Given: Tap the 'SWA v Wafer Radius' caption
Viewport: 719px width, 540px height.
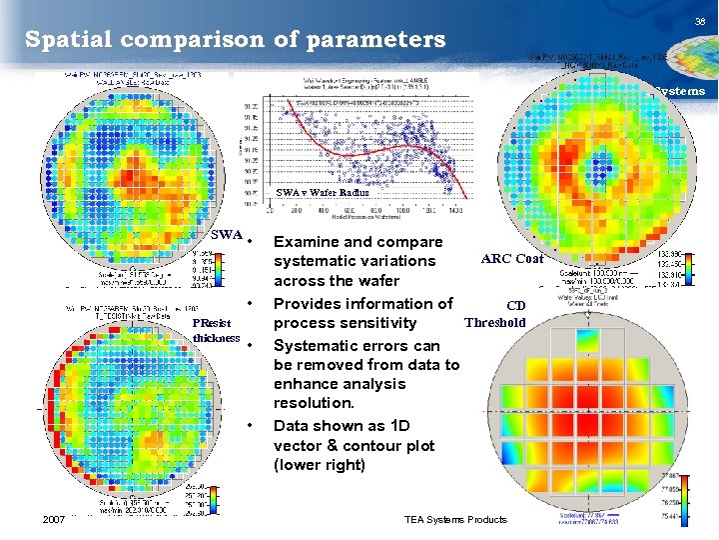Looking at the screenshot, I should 323,192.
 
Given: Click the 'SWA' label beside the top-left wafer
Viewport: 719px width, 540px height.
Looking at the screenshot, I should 227,235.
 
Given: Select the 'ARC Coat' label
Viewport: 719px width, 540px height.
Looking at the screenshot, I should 512,259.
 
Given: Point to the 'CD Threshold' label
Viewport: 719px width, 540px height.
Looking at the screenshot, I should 496,314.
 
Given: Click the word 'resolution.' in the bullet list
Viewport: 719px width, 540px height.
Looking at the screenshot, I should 314,403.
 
